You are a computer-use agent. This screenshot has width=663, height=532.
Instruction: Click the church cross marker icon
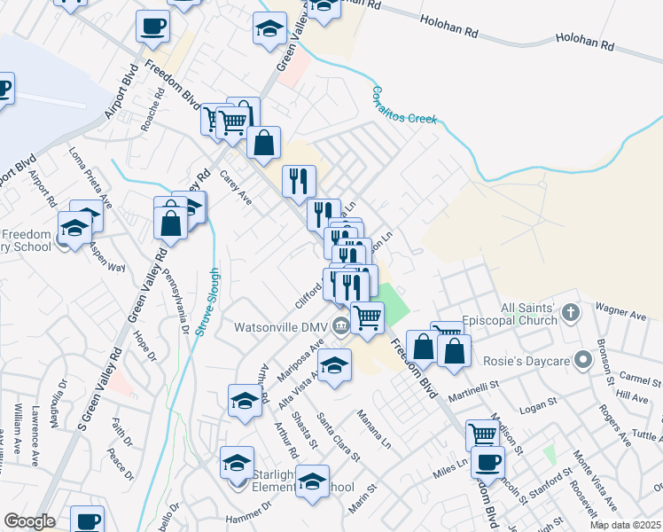tap(571, 312)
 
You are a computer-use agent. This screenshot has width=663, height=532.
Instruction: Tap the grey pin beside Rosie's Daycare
tap(582, 362)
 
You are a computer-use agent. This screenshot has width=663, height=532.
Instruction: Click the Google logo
tap(29, 520)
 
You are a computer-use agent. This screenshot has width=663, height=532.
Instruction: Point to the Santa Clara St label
tap(339, 438)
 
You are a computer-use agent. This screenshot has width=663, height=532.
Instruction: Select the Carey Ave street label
tap(236, 186)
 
